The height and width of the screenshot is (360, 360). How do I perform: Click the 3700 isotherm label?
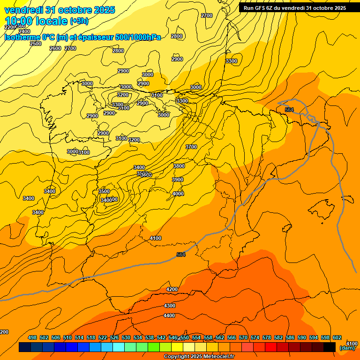[x=191, y=147]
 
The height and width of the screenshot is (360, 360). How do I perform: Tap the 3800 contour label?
[x=179, y=166]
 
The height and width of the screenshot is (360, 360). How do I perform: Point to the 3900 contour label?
[x=177, y=180]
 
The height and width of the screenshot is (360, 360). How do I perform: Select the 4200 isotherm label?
[x=172, y=289]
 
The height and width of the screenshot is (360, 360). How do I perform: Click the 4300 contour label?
[x=170, y=306]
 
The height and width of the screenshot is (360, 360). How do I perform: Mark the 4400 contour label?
[x=169, y=315]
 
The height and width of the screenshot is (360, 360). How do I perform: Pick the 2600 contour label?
[x=55, y=48]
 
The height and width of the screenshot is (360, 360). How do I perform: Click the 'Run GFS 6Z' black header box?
[x=295, y=8]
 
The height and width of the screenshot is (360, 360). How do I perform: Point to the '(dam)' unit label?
[x=347, y=348]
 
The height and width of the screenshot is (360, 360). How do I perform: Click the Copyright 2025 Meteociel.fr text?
[x=199, y=357]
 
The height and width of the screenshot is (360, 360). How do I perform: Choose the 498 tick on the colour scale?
[x=32, y=337]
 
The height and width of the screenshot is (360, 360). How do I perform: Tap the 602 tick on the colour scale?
[x=337, y=337]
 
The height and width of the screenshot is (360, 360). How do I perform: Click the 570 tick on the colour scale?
[x=243, y=337]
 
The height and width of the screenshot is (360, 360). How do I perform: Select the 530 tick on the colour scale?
[x=126, y=337]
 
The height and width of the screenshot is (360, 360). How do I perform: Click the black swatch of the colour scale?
[x=330, y=347]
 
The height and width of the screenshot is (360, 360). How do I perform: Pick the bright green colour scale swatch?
[x=154, y=347]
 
